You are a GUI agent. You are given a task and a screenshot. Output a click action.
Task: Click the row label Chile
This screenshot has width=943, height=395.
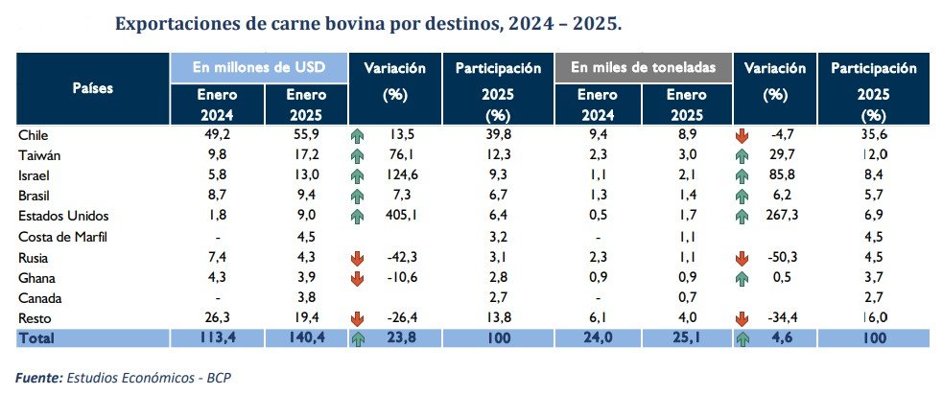coord(34,135)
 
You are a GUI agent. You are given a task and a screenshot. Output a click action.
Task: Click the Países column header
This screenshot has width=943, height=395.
coord(93,88)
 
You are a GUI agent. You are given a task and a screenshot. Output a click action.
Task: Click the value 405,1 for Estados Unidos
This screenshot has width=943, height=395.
coord(405,217)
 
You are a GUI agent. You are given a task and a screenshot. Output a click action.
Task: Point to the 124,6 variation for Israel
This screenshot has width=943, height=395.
coord(405,176)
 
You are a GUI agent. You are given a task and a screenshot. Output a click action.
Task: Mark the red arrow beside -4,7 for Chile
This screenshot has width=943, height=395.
coord(741,136)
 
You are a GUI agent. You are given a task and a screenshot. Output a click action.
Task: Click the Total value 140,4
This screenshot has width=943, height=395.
coord(307,337)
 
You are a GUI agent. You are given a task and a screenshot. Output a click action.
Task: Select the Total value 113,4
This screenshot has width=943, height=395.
coord(215,337)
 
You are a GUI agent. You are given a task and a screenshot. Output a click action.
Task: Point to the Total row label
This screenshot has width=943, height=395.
coord(39,337)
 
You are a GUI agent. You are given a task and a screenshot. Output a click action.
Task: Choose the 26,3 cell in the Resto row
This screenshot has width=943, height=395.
coord(215,317)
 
